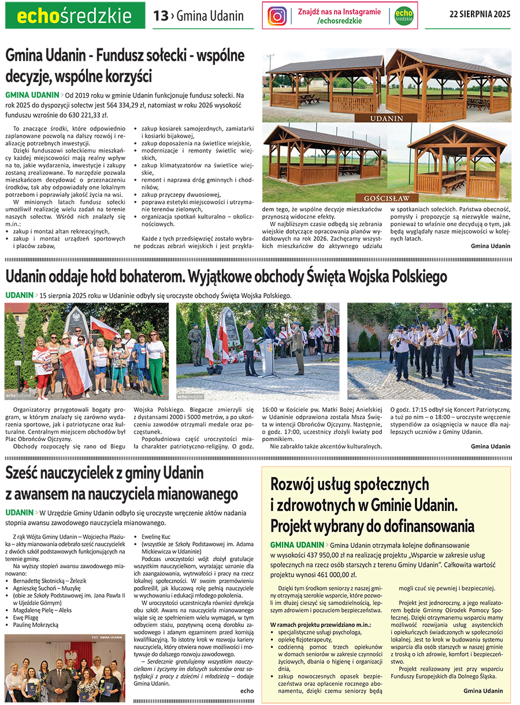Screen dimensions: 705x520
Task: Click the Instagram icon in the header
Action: [277, 16]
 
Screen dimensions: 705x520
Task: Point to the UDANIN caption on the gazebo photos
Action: [387, 118]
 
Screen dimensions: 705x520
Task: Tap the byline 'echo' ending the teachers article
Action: [247, 691]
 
